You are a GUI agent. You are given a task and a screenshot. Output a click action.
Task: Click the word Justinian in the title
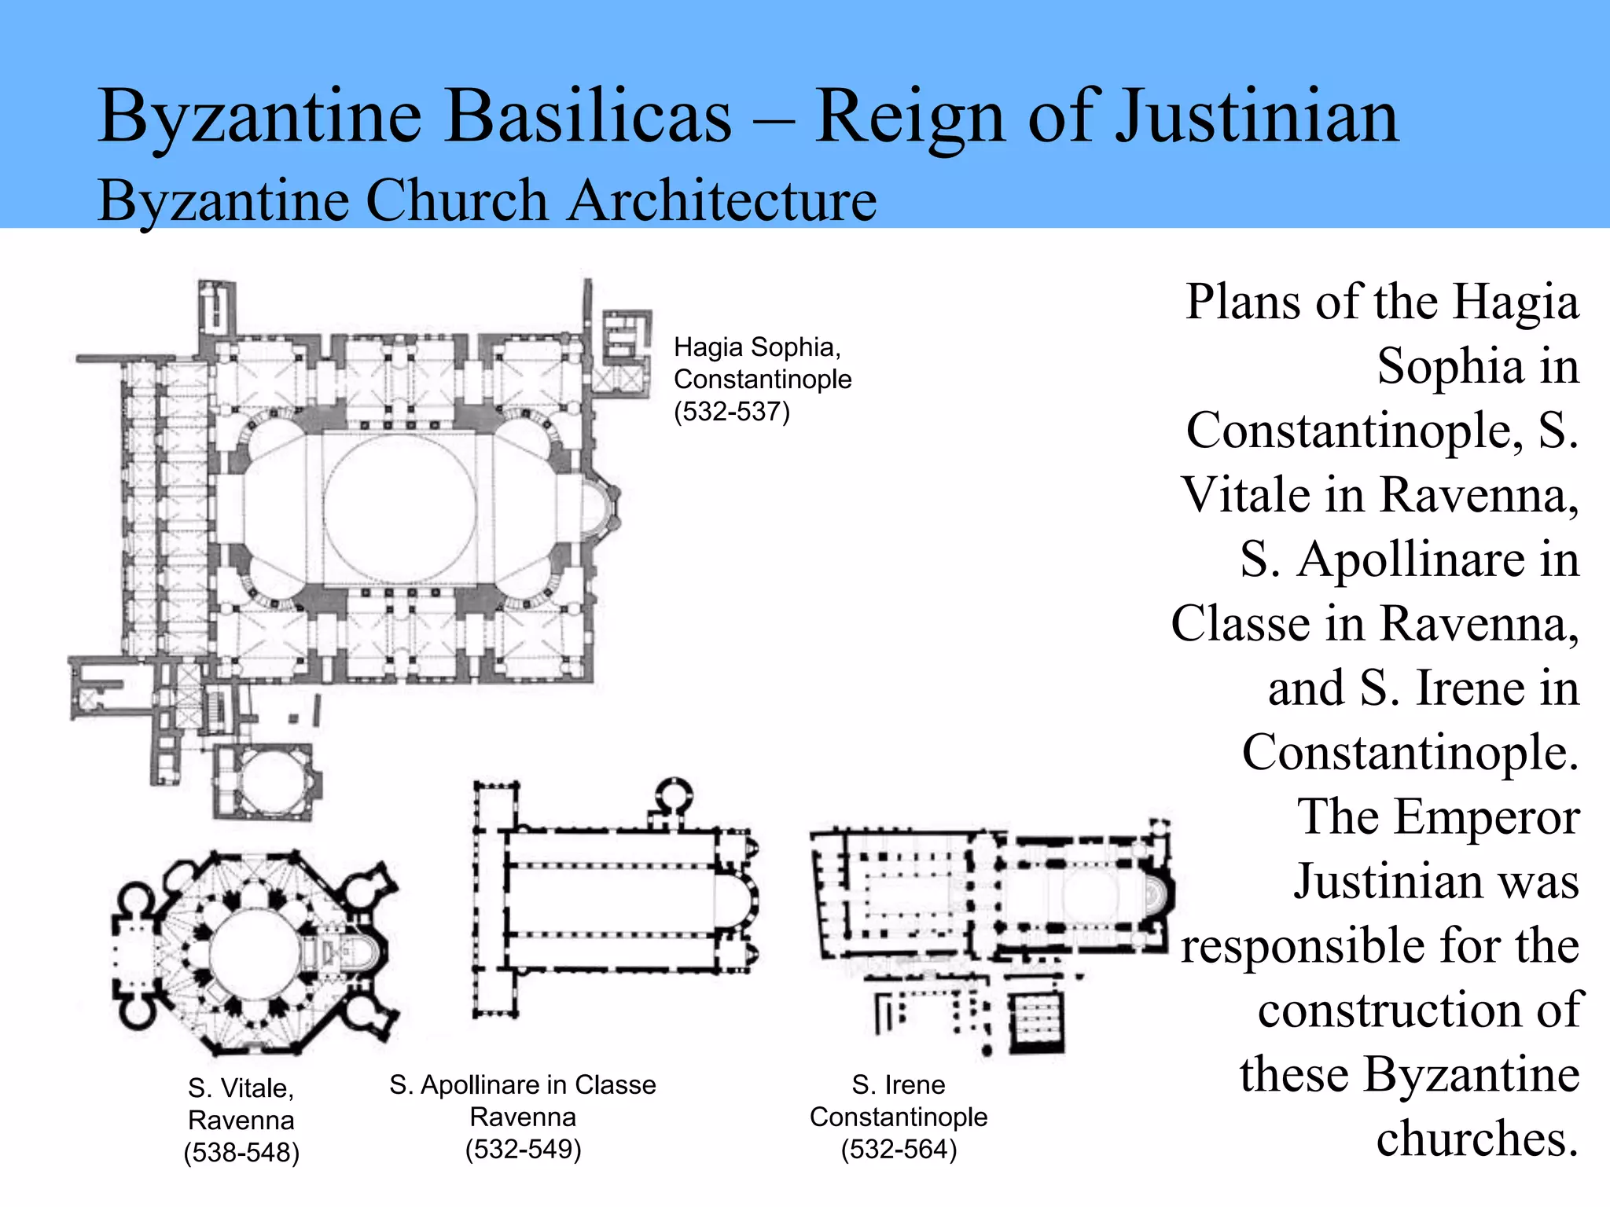tap(1257, 118)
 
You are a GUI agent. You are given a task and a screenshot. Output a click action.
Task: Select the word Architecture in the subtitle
tap(722, 200)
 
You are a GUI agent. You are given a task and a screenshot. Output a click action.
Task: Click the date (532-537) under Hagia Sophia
tap(731, 412)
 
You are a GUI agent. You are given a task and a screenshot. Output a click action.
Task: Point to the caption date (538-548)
tap(241, 1152)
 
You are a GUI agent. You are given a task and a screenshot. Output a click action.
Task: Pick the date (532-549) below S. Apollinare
tap(523, 1149)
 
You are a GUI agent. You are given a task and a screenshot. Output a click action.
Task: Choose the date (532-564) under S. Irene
tap(899, 1149)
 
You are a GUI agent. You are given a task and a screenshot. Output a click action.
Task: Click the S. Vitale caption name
tap(241, 1088)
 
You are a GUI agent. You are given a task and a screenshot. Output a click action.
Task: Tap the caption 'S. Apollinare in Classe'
tap(522, 1085)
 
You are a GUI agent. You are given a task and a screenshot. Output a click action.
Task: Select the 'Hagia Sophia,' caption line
tap(757, 347)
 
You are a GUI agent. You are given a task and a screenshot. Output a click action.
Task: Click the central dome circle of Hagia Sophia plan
tap(399, 509)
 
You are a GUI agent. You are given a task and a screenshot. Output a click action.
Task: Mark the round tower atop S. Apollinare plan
tap(672, 798)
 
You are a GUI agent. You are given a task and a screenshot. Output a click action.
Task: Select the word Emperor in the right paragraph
tap(1438, 817)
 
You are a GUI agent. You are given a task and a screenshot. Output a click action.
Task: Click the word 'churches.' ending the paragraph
tap(1477, 1139)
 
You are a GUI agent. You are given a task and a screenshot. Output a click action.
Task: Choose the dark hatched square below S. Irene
tap(1037, 1022)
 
